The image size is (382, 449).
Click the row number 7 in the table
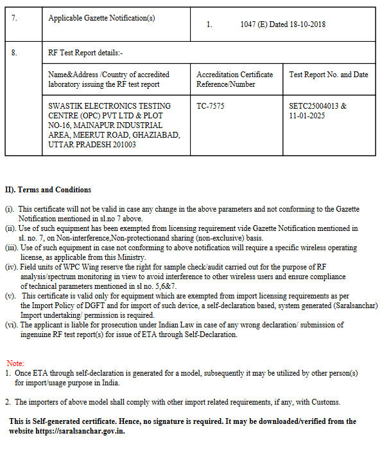[x=14, y=18]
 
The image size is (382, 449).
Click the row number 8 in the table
[x=14, y=53]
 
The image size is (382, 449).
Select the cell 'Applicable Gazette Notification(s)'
[x=101, y=18]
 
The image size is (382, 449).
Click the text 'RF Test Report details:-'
[x=85, y=53]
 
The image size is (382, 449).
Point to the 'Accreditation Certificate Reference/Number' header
[x=234, y=80]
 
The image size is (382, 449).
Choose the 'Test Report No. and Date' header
[x=328, y=75]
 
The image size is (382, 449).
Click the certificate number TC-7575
[x=211, y=105]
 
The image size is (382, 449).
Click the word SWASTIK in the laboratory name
[x=68, y=105]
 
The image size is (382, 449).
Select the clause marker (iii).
[x=12, y=247]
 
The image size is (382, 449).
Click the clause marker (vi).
[x=11, y=325]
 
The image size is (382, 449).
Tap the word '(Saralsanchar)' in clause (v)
[x=315, y=306]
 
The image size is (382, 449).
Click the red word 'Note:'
[x=15, y=363]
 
